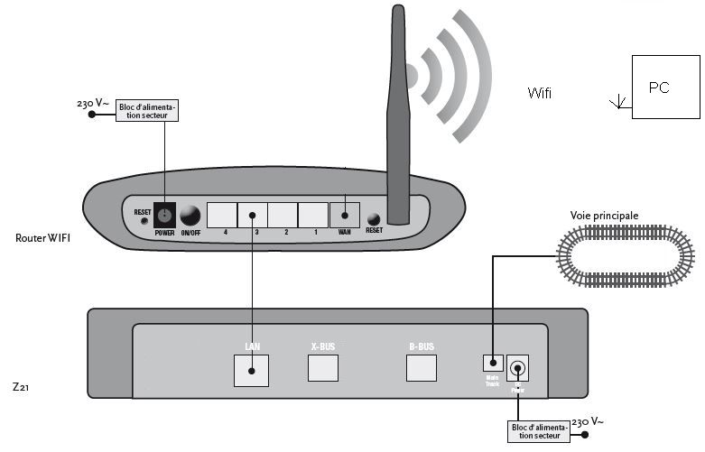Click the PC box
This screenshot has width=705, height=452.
coord(664,88)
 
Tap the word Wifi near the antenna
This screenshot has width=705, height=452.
coord(540,93)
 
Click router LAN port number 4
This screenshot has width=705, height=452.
coord(222,216)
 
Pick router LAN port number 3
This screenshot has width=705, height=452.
coord(253,216)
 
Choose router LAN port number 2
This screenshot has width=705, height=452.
coord(283,216)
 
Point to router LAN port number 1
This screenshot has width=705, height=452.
coord(312,216)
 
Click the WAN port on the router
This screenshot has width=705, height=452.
coord(344,216)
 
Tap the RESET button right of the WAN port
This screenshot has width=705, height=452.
coord(373,218)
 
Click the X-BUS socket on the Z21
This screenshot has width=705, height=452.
coord(323,367)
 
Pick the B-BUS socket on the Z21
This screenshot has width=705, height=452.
coord(421,367)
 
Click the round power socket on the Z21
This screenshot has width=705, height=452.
coord(518,367)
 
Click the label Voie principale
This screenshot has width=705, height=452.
coord(604,216)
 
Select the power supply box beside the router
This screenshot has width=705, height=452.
coord(148,111)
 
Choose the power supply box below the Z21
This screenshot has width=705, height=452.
coord(540,430)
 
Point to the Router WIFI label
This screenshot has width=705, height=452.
coord(42,238)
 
